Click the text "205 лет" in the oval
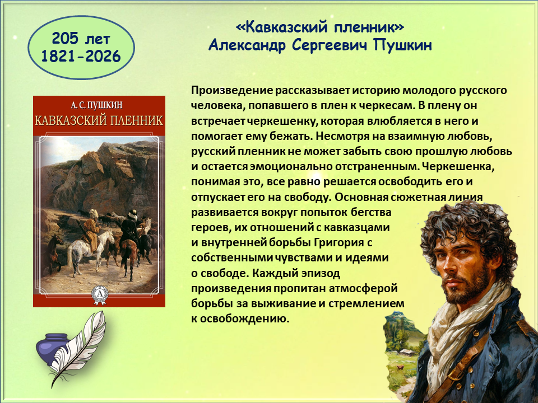point(81,39)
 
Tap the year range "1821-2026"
point(81,56)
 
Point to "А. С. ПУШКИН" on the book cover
point(99,105)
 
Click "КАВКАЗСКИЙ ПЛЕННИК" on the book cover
point(99,121)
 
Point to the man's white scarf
point(456,329)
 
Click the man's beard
point(467,288)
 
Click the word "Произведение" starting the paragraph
point(232,91)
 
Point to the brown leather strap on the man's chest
point(474,363)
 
